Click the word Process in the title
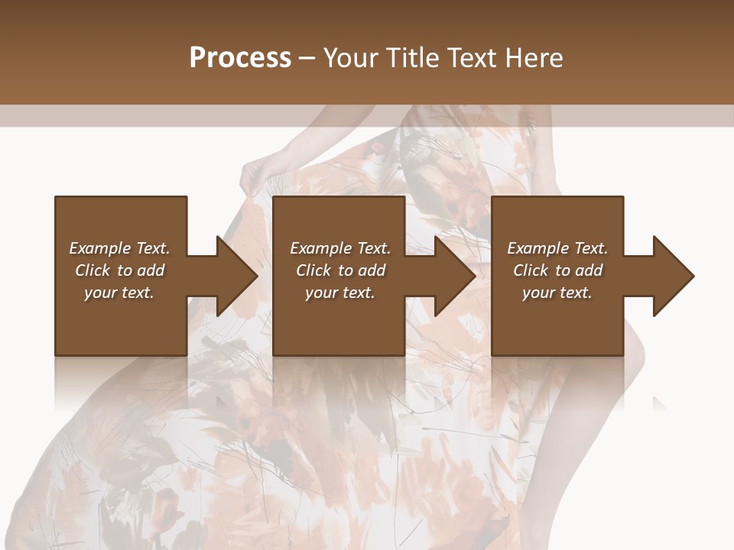click(x=240, y=58)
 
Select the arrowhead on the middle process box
click(x=454, y=276)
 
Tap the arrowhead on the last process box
click(x=673, y=276)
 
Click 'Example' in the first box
click(x=100, y=248)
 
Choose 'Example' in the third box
click(x=538, y=248)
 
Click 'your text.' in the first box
click(x=119, y=293)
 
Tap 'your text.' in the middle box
click(x=340, y=293)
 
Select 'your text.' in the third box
click(x=557, y=293)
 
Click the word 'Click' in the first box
click(x=93, y=270)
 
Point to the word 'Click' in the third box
click(x=531, y=270)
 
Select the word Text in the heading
click(x=469, y=58)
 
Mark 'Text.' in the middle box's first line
click(x=373, y=248)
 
